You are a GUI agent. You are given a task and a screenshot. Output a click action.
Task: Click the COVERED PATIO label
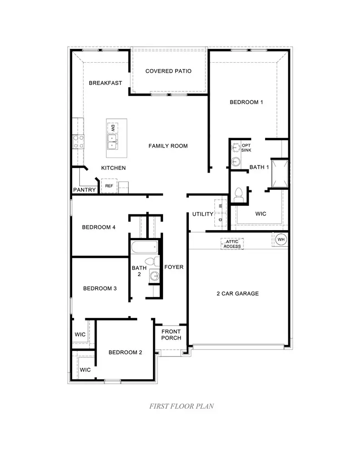click(168, 71)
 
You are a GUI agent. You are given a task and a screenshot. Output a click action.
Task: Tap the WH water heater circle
click(281, 239)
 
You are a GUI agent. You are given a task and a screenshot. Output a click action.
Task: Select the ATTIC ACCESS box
click(232, 244)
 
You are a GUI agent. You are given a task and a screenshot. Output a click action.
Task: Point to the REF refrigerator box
click(109, 186)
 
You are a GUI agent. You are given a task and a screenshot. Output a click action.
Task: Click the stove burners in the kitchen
click(78, 142)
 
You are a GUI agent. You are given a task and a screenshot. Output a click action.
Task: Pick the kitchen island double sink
click(112, 141)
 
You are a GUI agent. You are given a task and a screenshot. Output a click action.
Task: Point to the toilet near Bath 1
click(238, 194)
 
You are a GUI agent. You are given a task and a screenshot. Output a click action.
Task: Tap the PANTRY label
click(84, 190)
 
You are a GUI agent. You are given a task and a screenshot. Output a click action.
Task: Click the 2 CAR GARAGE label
click(237, 293)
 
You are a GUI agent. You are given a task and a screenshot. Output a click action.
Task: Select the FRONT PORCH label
click(171, 335)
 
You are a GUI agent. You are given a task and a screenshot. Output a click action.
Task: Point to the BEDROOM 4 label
click(99, 227)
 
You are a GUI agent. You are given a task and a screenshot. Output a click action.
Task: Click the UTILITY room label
click(202, 214)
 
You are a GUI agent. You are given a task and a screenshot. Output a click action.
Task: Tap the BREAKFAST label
click(105, 83)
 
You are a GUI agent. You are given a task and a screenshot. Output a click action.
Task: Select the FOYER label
click(174, 267)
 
